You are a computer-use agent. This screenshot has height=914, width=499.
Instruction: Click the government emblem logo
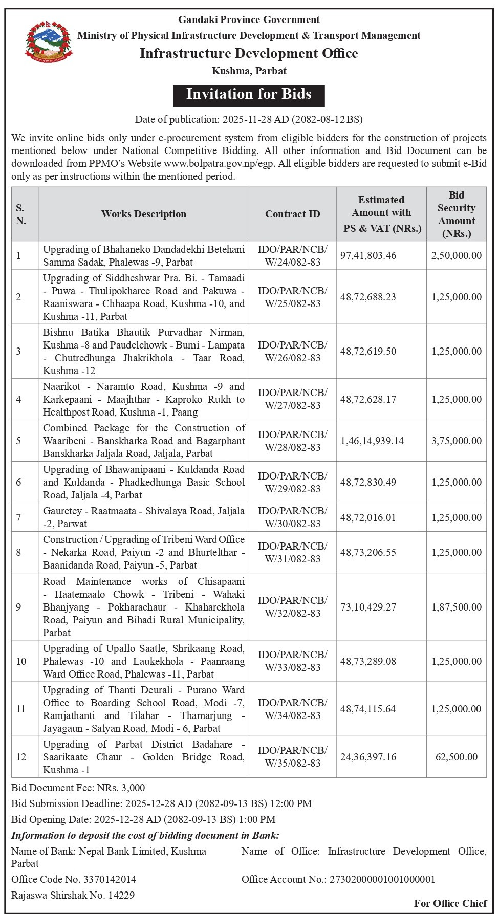[x=49, y=42]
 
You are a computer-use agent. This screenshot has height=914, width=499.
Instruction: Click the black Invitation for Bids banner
[x=249, y=94]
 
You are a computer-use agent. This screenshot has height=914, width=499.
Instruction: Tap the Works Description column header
[x=144, y=214]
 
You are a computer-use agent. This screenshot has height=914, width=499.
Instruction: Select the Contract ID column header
[x=292, y=214]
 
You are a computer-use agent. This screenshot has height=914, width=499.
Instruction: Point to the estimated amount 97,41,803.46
[x=368, y=255]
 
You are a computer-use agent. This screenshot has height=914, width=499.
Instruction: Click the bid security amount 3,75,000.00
[x=457, y=441]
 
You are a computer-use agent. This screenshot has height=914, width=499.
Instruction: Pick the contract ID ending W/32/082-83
[x=292, y=606]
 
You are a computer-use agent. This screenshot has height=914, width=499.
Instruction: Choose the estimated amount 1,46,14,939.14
[x=372, y=441]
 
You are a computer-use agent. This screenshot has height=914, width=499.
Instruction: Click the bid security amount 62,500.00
[x=457, y=756]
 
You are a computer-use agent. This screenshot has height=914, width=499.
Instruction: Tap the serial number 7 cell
[x=19, y=517]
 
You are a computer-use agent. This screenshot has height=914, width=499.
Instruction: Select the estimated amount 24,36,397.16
[x=368, y=756]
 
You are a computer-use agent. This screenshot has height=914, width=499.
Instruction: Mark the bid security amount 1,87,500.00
[x=457, y=607]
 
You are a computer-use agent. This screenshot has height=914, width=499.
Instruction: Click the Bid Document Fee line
[x=78, y=788]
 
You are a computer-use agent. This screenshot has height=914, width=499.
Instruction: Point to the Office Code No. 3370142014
[x=74, y=879]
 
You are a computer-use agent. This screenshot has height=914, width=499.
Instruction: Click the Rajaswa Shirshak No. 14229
[x=73, y=895]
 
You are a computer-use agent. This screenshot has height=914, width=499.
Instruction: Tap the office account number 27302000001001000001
[x=338, y=879]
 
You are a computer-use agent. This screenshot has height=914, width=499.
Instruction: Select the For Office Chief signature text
[x=450, y=903]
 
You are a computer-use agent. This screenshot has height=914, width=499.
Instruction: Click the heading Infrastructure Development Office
[x=249, y=53]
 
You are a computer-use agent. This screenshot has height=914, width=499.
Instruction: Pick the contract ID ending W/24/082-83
[x=292, y=255]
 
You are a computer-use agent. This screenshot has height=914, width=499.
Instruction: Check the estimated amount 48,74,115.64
[x=368, y=709]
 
